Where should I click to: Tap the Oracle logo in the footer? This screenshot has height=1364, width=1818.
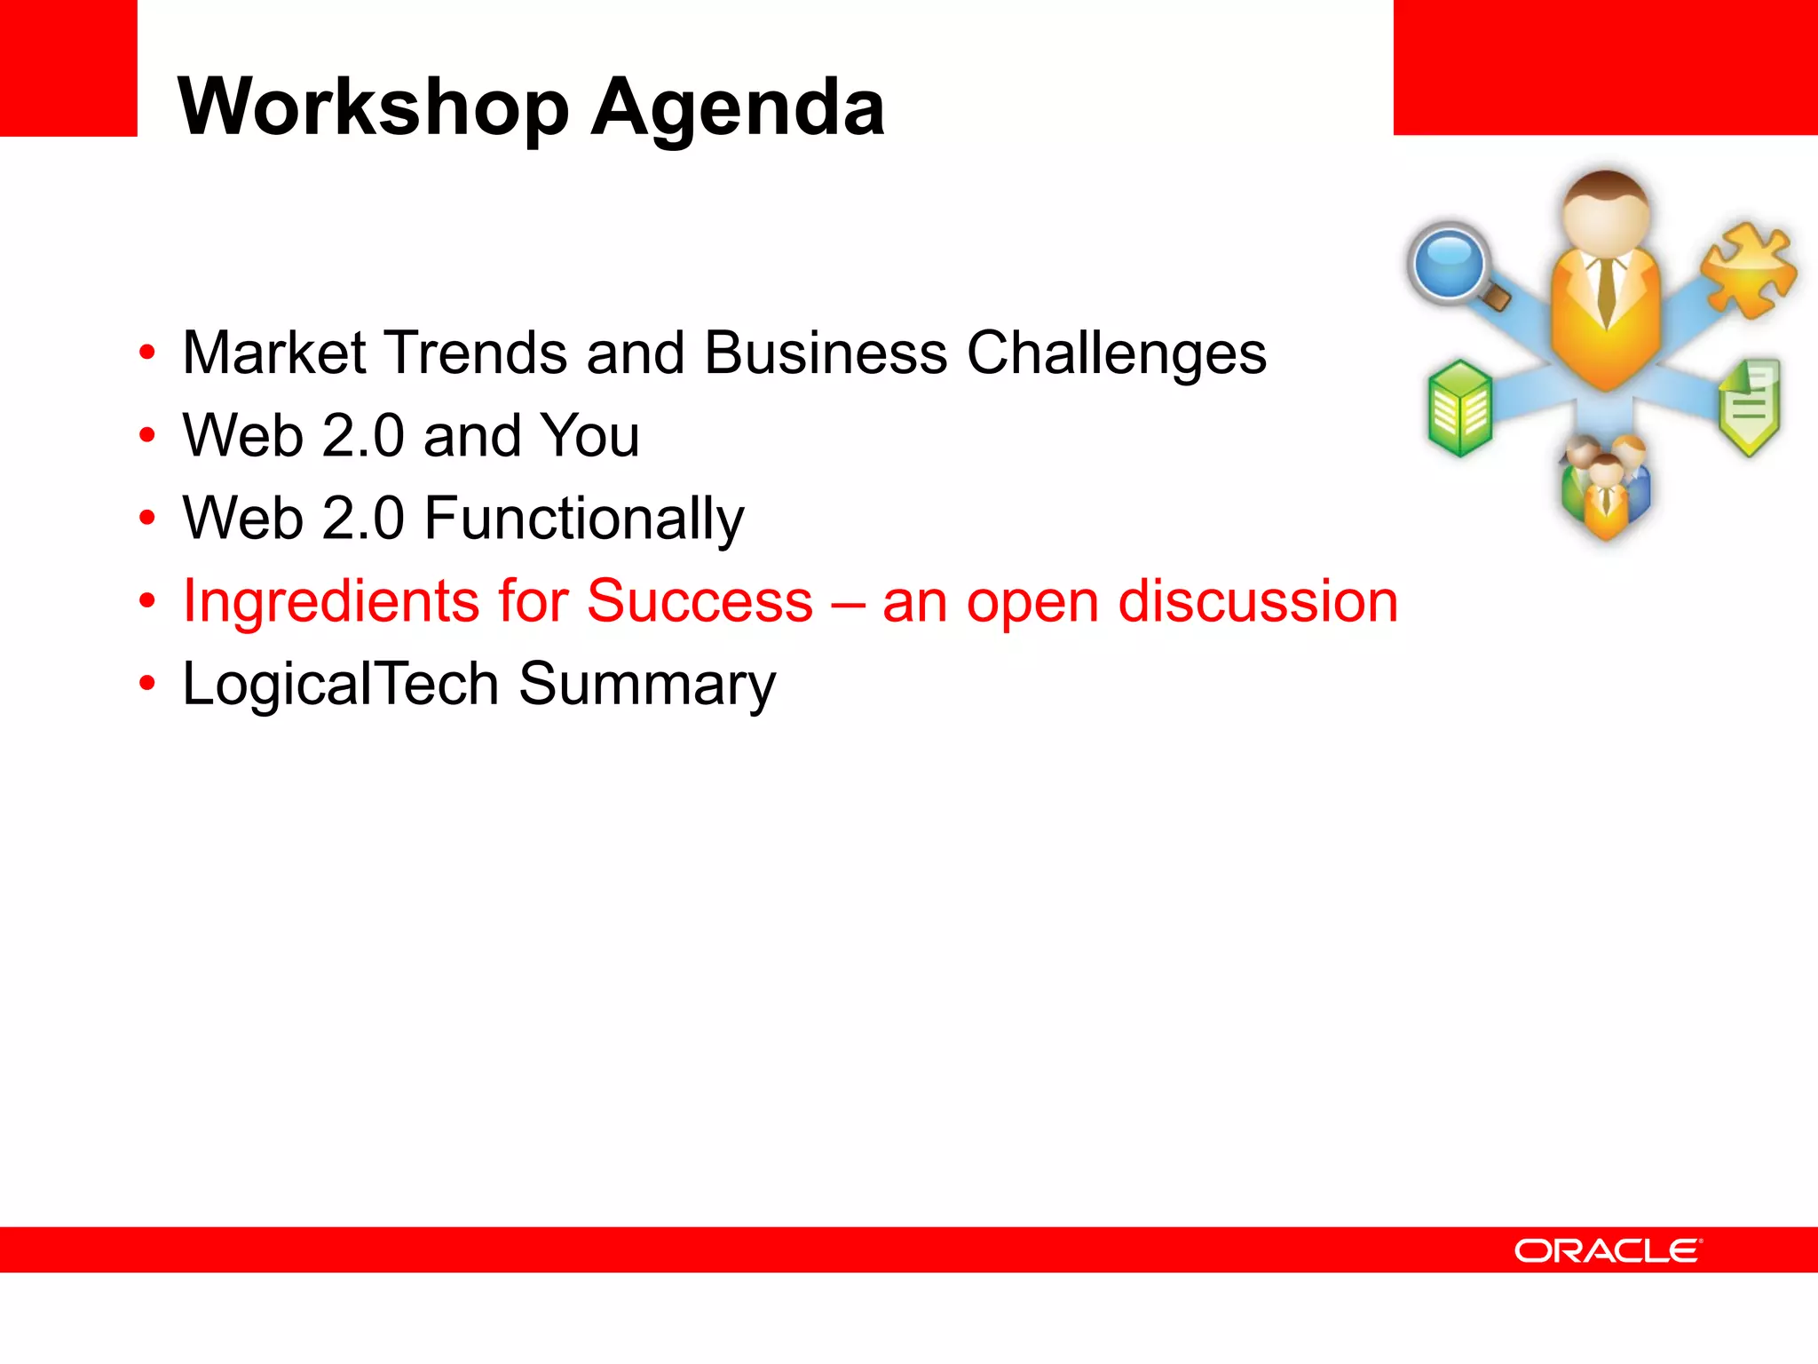(1608, 1250)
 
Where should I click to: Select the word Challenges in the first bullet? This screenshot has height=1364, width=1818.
(1116, 353)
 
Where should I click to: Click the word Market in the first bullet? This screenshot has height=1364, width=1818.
(273, 353)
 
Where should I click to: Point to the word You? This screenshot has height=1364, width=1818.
(589, 435)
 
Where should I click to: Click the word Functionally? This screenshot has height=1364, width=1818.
(583, 519)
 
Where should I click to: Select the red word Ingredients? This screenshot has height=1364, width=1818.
(330, 602)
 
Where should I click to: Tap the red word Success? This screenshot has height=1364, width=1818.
(699, 601)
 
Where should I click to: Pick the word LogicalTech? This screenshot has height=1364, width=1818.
(340, 684)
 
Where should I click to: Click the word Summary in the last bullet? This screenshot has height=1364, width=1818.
(646, 686)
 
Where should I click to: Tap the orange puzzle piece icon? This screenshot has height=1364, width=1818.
(1748, 269)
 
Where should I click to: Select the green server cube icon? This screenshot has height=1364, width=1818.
(1459, 408)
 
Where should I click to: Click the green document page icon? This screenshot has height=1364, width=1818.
(1750, 406)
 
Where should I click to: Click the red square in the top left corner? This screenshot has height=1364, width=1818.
(67, 67)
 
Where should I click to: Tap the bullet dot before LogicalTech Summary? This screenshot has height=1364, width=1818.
(147, 684)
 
